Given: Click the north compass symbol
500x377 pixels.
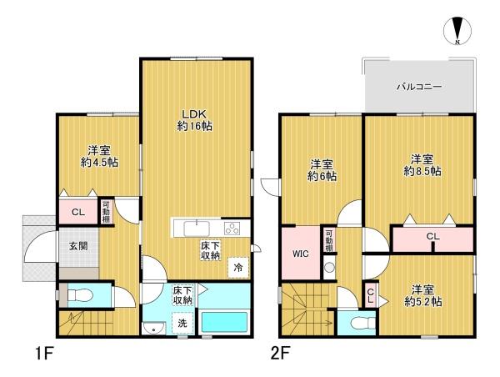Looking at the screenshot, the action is click(457, 30).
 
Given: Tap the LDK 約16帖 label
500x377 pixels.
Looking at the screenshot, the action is click(194, 120).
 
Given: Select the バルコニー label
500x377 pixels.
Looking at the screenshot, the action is click(419, 87).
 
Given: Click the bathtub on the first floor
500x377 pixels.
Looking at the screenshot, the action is click(224, 322).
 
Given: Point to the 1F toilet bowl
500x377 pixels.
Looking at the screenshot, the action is click(80, 295).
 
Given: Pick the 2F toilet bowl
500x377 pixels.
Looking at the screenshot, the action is click(362, 323).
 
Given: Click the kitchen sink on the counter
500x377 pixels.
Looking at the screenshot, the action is click(197, 229).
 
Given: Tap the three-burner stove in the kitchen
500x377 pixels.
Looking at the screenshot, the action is click(232, 229).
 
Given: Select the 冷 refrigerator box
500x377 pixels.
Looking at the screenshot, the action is click(237, 268).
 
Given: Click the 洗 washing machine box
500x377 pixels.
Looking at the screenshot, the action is click(182, 323).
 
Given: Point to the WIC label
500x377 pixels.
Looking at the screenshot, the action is click(300, 254).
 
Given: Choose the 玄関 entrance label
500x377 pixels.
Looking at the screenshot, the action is click(78, 246).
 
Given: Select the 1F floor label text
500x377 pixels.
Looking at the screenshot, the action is click(43, 354).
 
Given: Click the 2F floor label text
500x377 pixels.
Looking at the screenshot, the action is click(280, 354).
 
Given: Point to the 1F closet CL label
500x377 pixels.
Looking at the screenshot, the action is click(78, 213).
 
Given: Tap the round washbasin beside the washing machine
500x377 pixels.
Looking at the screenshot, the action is click(154, 328).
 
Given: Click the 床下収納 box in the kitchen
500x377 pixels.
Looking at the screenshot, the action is click(211, 250).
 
